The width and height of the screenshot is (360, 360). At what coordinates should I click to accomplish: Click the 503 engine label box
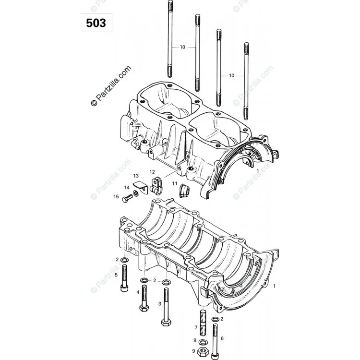pos(96,23)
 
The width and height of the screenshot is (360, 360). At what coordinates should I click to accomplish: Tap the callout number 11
pos(175,183)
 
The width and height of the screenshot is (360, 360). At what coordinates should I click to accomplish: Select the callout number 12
pos(152,172)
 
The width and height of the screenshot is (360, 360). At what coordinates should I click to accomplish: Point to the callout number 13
pos(136,176)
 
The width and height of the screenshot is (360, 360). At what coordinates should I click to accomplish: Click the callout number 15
pos(116,196)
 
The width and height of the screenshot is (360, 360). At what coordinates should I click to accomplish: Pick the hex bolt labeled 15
pos(127,198)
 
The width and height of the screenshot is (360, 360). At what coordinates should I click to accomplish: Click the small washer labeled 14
pos(136,193)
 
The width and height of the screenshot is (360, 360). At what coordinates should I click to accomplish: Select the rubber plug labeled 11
pos(183,191)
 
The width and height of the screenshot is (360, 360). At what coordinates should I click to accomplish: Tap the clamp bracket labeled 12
pos(156,185)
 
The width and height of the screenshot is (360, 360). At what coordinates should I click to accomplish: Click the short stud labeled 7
pos(203,323)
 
